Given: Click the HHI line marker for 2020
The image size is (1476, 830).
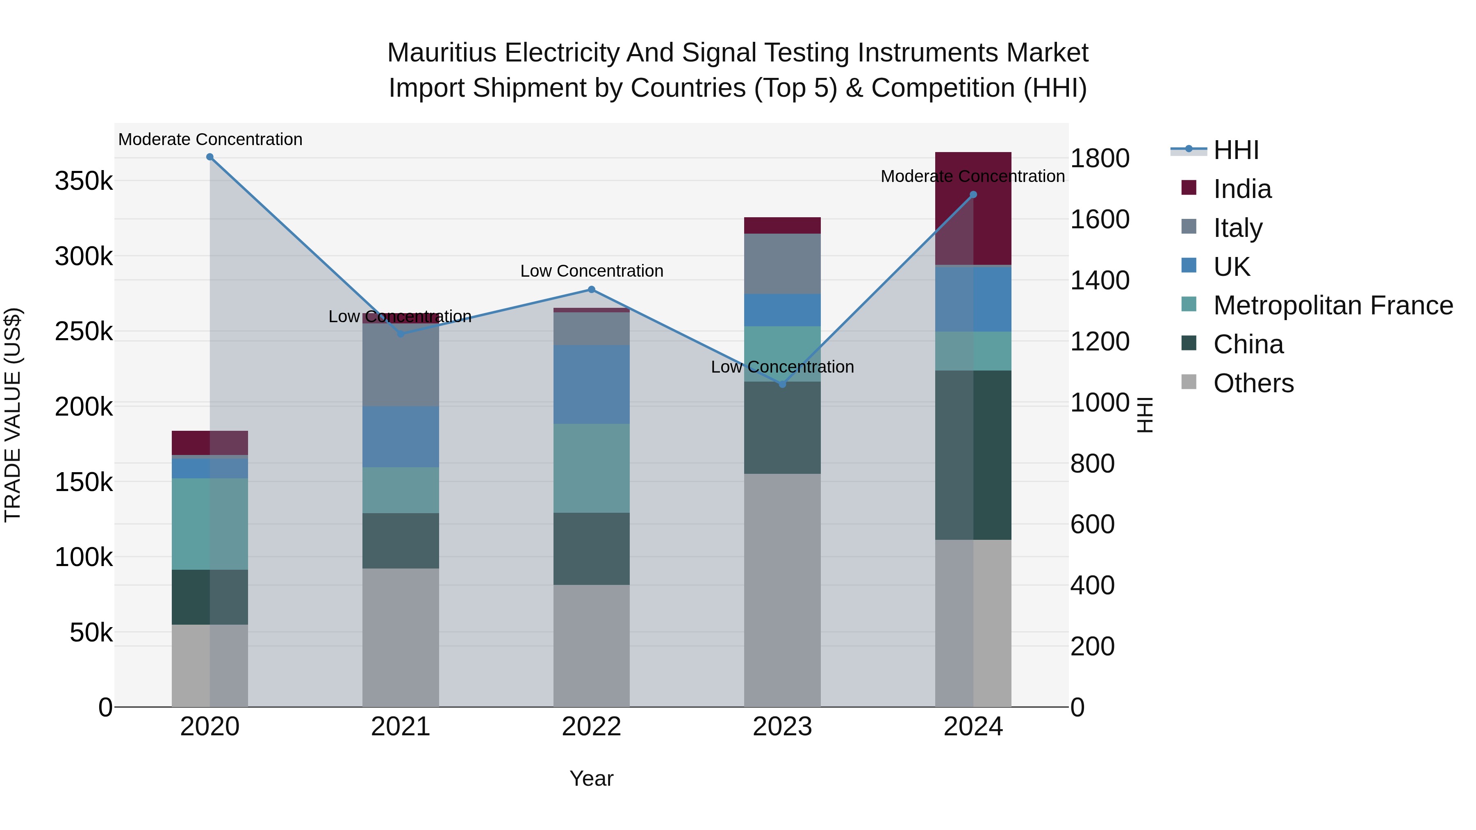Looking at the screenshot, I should pos(210,157).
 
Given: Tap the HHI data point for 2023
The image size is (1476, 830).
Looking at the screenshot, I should pos(783,384).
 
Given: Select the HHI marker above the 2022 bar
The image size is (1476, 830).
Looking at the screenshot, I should pos(592,290).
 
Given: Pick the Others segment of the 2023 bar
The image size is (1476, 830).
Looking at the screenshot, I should pos(782,590).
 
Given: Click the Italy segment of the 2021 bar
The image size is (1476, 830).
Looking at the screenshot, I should pos(401,365).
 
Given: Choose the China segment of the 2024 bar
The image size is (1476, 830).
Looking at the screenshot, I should pos(973,455).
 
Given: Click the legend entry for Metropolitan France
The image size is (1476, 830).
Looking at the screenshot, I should pos(1333,305).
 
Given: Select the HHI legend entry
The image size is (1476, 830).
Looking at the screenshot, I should pos(1236,150).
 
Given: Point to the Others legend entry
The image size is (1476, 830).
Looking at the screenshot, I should pos(1253,383).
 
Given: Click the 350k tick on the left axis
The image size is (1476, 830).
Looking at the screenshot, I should pos(84,181).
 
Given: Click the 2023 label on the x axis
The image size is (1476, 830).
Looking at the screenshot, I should pos(782,727).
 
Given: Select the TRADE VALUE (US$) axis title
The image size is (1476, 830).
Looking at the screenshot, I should pos(13,415).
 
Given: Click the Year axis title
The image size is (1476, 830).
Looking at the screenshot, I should pos(591,778).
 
